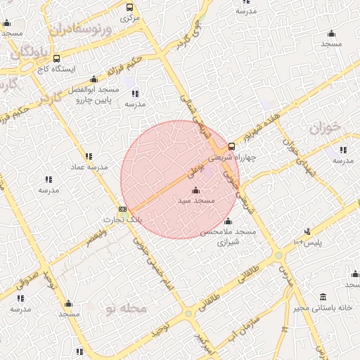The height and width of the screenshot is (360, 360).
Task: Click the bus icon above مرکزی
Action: pos(129,7)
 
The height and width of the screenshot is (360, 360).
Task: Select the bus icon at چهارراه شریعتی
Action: pos(232,146)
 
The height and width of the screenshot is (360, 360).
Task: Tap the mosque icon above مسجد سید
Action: pos(195,191)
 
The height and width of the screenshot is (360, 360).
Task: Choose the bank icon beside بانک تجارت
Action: pos(123,209)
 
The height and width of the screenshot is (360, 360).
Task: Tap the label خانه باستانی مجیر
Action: pos(324,307)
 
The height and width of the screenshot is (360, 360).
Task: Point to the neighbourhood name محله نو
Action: pos(125,309)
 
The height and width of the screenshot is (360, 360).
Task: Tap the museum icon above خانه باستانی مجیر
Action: pos(323,296)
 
